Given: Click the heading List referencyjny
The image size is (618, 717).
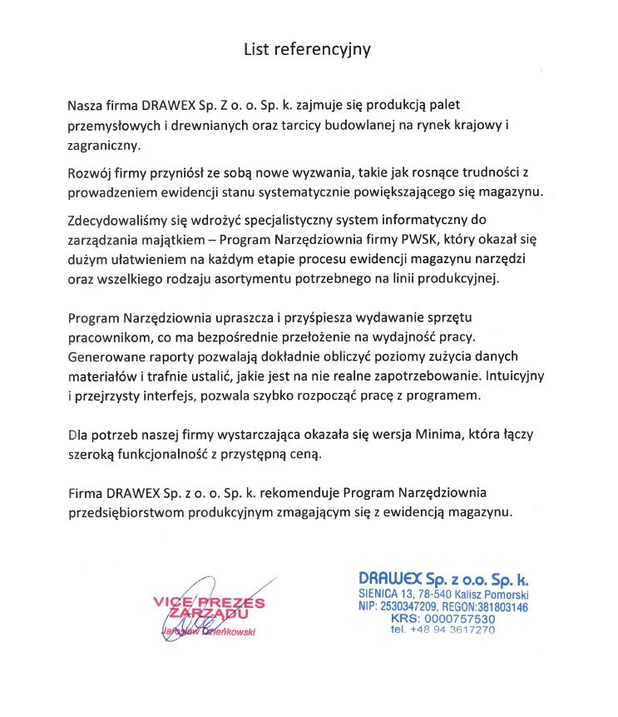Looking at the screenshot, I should tap(307, 49).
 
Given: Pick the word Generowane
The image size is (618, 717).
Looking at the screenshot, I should tap(104, 356).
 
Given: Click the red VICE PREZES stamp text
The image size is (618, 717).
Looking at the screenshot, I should tap(209, 601).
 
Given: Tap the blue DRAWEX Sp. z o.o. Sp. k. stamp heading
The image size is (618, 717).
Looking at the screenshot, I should tap(443, 579).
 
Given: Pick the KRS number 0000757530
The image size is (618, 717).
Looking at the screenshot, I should tap(459, 619).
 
